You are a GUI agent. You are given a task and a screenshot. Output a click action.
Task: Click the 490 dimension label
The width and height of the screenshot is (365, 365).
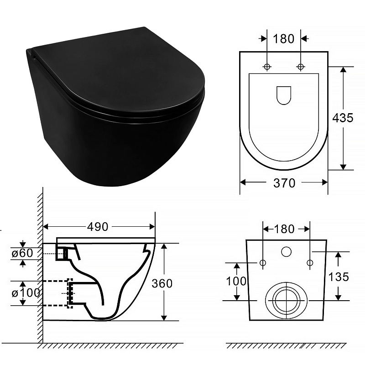(x=98, y=226)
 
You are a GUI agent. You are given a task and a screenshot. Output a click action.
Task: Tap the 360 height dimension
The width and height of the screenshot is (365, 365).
(x=162, y=283)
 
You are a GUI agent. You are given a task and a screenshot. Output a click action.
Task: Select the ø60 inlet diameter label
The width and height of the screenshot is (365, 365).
(x=22, y=253)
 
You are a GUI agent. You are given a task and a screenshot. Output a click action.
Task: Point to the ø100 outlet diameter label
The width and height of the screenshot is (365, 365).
(x=26, y=293)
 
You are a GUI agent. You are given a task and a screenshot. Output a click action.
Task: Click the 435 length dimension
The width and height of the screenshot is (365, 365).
(x=343, y=118)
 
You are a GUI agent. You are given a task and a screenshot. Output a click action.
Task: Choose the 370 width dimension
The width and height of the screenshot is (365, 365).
(x=284, y=183)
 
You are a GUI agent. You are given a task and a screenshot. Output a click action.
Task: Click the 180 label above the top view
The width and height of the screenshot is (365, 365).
(x=283, y=39)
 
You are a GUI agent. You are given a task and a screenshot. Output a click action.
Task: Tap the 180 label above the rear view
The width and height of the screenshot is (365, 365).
(x=284, y=229)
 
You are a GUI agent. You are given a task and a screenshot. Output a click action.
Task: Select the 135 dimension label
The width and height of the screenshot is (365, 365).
(x=339, y=277)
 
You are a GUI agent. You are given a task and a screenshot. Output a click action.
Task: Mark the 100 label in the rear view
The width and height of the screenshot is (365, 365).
(x=236, y=281)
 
